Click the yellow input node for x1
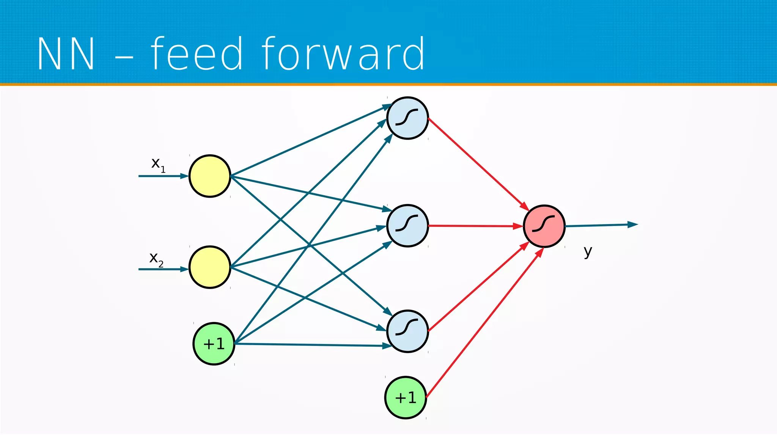tap(210, 176)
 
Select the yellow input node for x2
tap(210, 267)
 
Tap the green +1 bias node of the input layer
tap(214, 344)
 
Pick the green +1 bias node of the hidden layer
tap(406, 397)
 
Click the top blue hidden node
tap(407, 118)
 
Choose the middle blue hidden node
tap(407, 226)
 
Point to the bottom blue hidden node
tap(407, 331)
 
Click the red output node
tap(544, 226)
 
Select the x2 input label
tap(156, 259)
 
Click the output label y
tap(588, 251)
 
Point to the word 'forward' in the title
tap(343, 54)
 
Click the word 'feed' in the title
tap(197, 54)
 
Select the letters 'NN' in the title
tap(66, 54)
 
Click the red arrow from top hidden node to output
tap(478, 164)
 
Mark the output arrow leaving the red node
tap(601, 225)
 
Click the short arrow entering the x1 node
tap(163, 176)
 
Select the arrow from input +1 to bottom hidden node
tap(311, 345)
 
